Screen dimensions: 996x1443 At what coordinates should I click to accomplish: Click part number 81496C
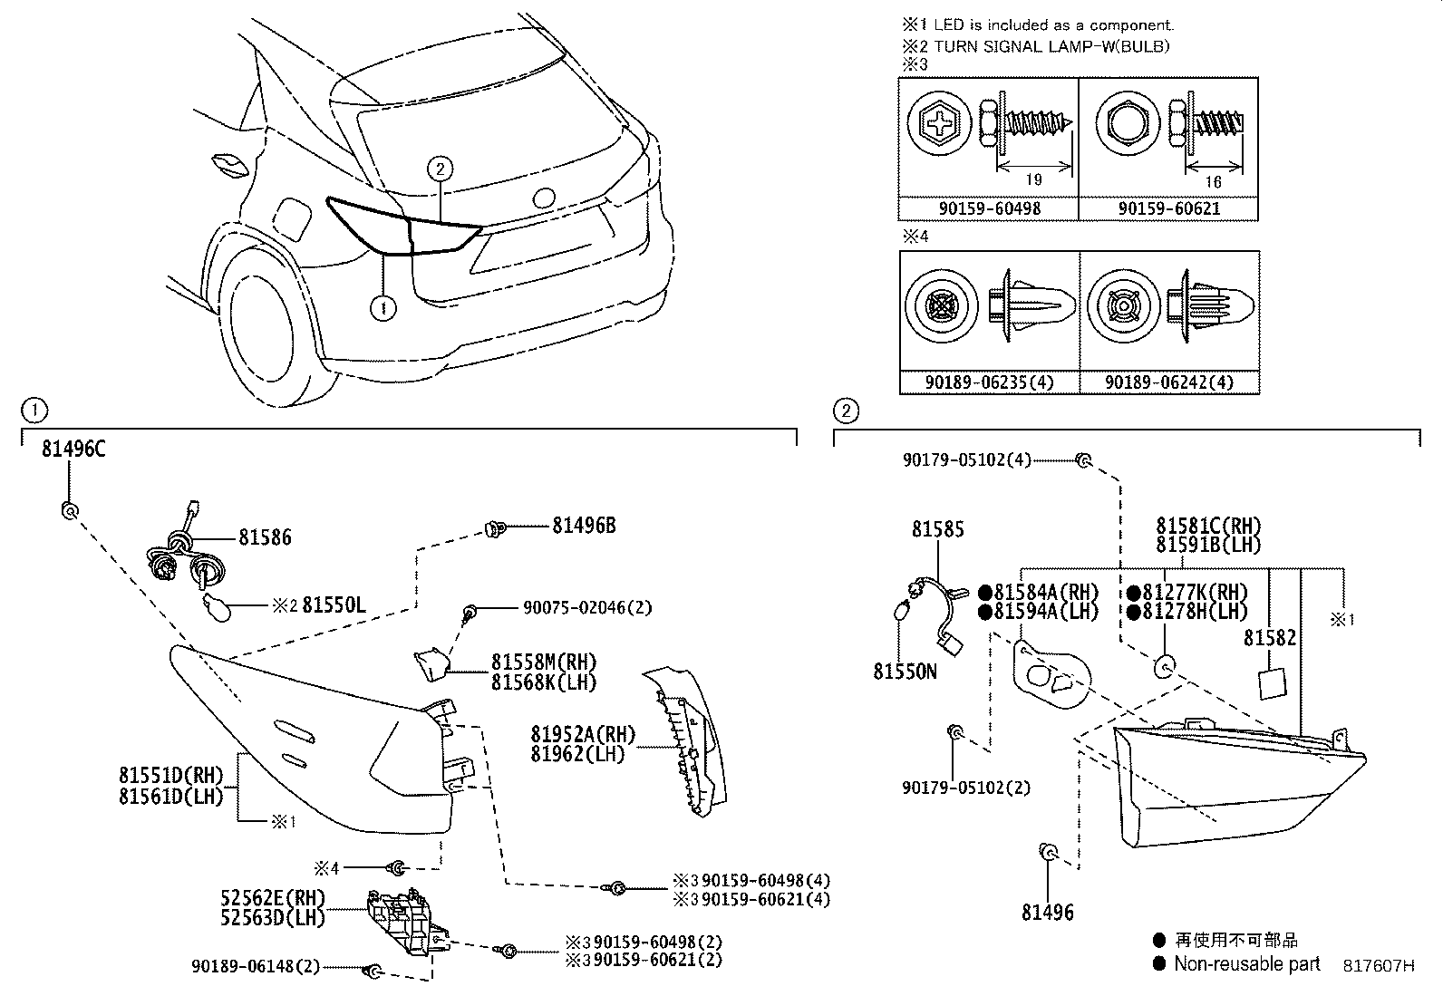[x=73, y=449]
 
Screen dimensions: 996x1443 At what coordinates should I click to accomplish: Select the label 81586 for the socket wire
[x=265, y=537]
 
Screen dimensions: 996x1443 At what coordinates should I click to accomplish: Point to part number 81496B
[x=584, y=526]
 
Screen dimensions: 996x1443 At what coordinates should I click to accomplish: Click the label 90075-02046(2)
[x=586, y=608]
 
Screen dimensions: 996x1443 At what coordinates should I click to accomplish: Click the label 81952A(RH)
[x=583, y=734]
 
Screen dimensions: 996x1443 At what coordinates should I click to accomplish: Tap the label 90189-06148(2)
[x=256, y=967]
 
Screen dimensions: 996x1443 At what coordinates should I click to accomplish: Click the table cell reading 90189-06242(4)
[x=1168, y=383]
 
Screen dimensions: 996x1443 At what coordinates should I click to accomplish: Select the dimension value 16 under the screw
[x=1213, y=181]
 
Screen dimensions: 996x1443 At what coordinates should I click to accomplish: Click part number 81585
[x=938, y=529]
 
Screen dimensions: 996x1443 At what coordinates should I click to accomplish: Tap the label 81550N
[x=905, y=672]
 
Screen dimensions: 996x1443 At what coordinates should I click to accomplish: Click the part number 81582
[x=1270, y=638]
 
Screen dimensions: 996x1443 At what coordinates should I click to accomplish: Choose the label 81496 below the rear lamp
[x=1047, y=913]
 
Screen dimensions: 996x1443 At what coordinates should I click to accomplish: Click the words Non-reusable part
[x=1247, y=964]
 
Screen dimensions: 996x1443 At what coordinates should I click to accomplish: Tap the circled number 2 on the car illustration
[x=439, y=169]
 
